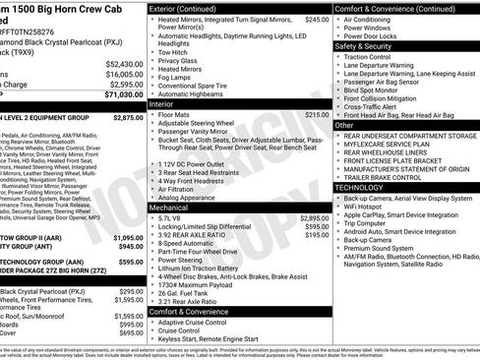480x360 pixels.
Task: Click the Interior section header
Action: click(161, 103)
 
